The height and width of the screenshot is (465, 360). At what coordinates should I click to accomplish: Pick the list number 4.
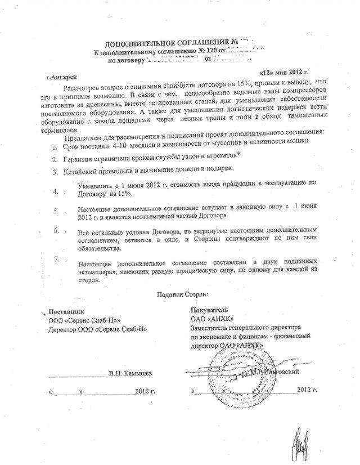(x=55, y=191)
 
